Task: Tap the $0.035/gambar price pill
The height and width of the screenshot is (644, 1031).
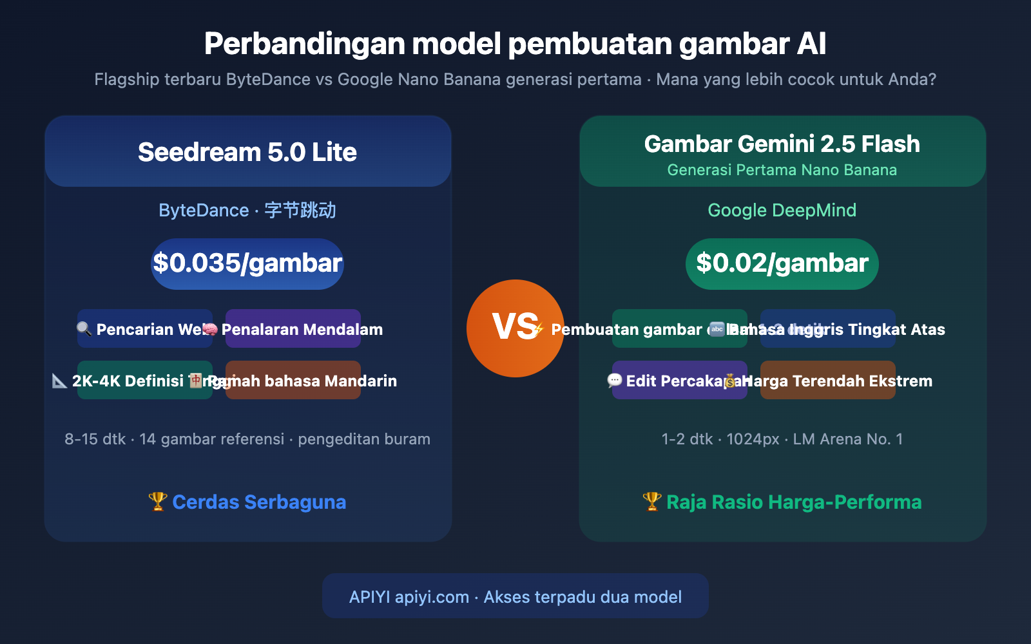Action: tap(247, 263)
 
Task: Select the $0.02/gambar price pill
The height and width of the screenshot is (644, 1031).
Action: tap(782, 263)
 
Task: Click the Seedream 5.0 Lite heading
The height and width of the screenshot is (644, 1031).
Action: tap(247, 153)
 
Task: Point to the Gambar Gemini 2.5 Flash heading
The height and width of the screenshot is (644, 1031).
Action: tap(782, 144)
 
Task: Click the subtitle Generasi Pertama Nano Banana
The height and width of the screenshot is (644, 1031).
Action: tap(782, 170)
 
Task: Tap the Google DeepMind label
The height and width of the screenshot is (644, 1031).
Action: tap(782, 211)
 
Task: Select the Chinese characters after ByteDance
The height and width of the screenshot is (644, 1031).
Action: tap(300, 211)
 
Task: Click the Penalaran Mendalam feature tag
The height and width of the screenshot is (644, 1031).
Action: tap(302, 330)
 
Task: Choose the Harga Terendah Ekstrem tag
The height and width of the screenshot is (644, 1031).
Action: tap(838, 381)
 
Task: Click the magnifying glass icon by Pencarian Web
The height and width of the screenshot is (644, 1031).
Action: tap(84, 329)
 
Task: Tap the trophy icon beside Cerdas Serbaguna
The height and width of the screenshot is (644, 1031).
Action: tap(157, 502)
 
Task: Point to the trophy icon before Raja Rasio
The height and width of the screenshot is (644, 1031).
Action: tap(652, 502)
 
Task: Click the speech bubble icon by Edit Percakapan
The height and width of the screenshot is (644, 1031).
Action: tap(615, 381)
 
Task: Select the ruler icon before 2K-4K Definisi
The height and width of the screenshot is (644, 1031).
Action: tap(60, 381)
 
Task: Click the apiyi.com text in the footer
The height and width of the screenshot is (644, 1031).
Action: tap(432, 597)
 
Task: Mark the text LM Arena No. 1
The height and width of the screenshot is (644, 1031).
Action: tap(847, 439)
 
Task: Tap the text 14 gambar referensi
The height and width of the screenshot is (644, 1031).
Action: tap(211, 439)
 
